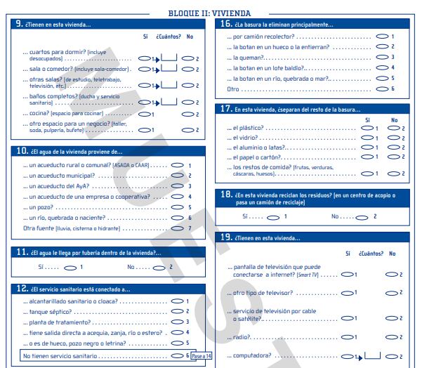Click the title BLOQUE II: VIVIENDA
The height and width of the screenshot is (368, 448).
pyautogui.click(x=210, y=13)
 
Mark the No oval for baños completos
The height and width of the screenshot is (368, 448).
pyautogui.click(x=187, y=101)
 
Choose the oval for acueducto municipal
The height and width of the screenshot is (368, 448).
pyautogui.click(x=176, y=176)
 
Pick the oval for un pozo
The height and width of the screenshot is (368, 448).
pyautogui.click(x=176, y=207)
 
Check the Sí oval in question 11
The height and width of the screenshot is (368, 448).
pyautogui.click(x=71, y=267)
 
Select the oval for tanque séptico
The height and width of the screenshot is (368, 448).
pyautogui.click(x=176, y=311)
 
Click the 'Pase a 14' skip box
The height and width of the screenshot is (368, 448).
pyautogui.click(x=201, y=357)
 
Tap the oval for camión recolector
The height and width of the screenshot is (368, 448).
pyautogui.click(x=383, y=36)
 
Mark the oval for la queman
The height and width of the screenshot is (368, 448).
pyautogui.click(x=383, y=57)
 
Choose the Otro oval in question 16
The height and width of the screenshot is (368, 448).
pyautogui.click(x=383, y=89)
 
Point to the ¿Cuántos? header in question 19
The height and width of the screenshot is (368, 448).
pyautogui.click(x=369, y=253)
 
